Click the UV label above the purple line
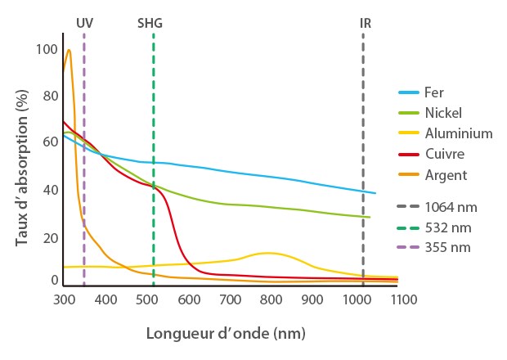(x=84, y=23)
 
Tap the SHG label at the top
(x=150, y=23)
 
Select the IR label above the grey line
(x=365, y=23)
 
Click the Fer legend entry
(x=434, y=92)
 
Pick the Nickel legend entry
(x=442, y=113)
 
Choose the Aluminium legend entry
(x=458, y=133)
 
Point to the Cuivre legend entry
(x=445, y=154)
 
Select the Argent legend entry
(x=446, y=174)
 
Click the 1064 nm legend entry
(x=451, y=207)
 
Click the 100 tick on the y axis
(x=47, y=50)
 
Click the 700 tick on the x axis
(x=230, y=300)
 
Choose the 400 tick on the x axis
(x=105, y=300)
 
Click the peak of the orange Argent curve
(x=69, y=50)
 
